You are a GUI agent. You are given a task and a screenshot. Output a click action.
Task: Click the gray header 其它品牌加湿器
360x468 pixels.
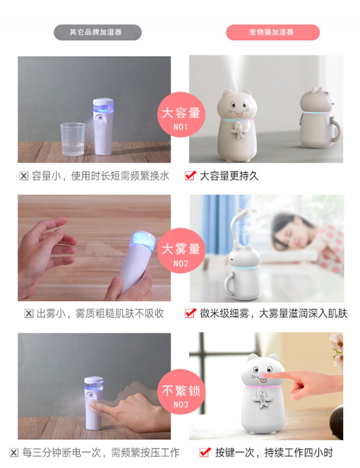point(97,32)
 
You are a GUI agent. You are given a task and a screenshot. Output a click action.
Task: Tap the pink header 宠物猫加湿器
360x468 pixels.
point(272,32)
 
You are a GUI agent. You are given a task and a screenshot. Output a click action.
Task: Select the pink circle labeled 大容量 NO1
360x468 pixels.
point(181,115)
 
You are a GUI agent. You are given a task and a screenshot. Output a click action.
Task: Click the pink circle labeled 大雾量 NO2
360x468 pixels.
point(181,251)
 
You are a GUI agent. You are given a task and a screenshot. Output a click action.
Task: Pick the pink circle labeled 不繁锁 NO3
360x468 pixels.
point(181,392)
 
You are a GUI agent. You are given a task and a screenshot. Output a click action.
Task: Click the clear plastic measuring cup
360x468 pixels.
point(73,139)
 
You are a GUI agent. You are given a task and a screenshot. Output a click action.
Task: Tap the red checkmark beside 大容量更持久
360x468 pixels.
point(190,175)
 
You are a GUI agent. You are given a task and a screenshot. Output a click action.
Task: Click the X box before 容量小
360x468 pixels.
point(24,176)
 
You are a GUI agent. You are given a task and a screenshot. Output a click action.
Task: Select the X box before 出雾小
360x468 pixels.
point(29,314)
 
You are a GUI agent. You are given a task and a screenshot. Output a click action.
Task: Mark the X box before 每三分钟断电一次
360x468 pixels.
point(14,453)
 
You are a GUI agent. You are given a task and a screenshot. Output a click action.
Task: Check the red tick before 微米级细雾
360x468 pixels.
point(190,313)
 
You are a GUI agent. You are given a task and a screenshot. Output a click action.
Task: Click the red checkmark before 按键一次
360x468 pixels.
point(205,452)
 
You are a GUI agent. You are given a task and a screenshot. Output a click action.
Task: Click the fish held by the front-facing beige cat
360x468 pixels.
point(238,130)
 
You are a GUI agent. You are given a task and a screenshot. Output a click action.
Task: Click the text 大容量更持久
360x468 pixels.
point(229,176)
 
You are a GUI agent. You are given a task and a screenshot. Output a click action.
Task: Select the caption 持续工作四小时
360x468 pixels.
point(298,452)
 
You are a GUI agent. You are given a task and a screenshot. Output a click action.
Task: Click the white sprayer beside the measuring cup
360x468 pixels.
point(103,126)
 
